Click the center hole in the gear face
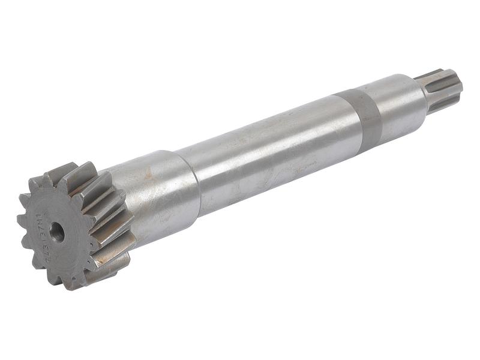point(57,232)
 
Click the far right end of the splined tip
point(460,84)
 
